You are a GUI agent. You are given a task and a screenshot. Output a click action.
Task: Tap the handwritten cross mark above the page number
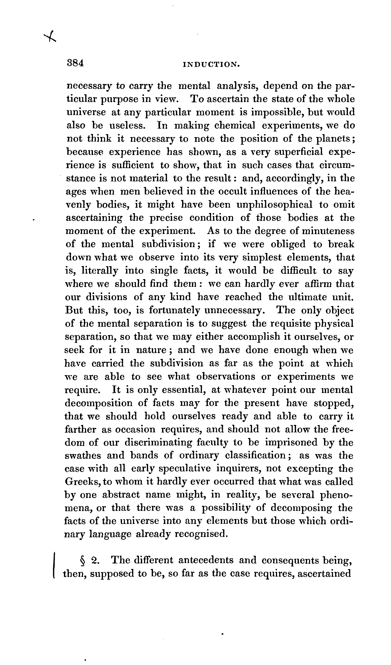51,36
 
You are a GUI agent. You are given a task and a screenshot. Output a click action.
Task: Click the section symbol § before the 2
83,560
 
